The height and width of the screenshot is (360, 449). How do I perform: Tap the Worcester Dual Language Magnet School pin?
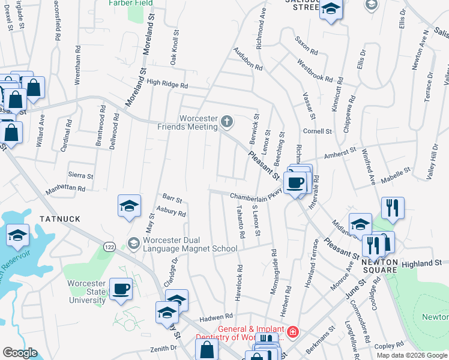(133, 243)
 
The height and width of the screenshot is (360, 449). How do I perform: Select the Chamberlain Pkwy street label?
(255, 196)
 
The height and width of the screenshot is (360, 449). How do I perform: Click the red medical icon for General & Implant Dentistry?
(292, 332)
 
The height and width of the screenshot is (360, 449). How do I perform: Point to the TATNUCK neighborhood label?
(60, 219)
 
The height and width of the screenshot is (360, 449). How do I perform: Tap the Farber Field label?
(130, 3)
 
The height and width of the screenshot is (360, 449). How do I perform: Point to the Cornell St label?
(318, 131)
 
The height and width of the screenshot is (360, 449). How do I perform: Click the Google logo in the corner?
(20, 353)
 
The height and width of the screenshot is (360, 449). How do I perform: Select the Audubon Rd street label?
(248, 59)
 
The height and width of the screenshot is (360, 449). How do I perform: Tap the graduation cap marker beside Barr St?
(130, 206)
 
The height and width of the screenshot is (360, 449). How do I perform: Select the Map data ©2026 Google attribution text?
(412, 355)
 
